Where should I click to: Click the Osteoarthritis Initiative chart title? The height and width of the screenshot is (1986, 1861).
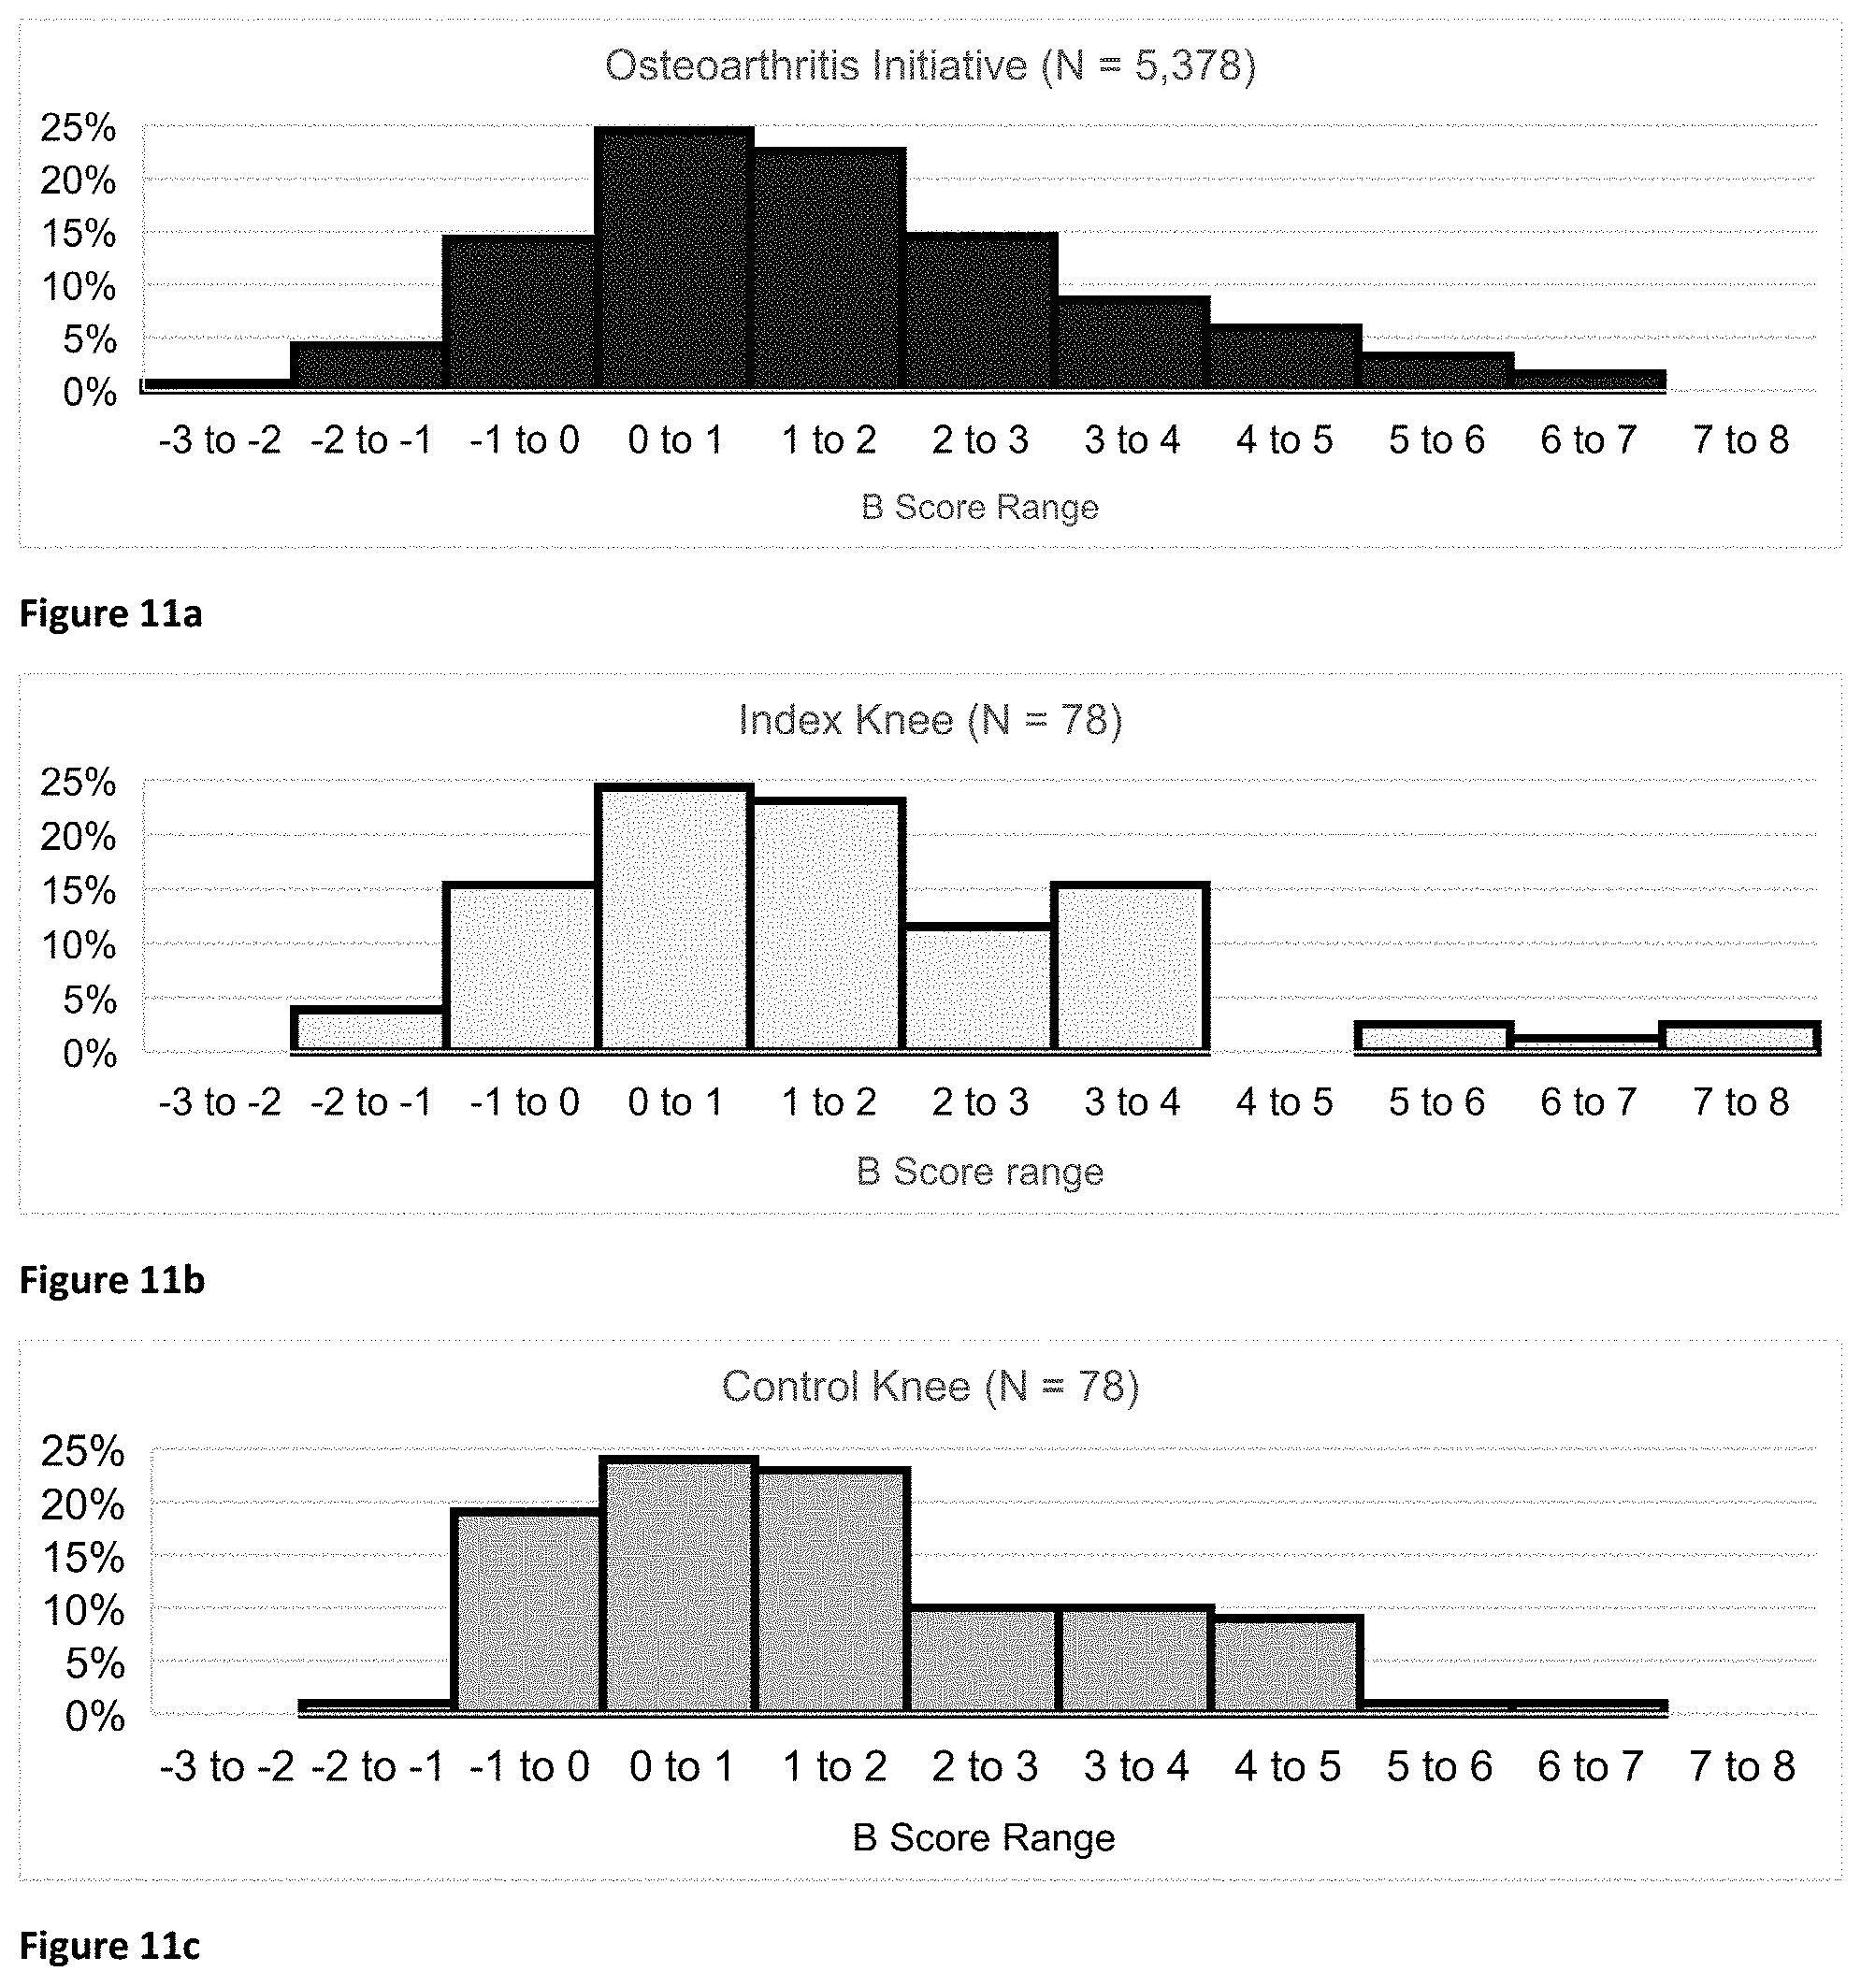click(930, 66)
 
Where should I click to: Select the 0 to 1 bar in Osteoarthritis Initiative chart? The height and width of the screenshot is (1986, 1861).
click(674, 258)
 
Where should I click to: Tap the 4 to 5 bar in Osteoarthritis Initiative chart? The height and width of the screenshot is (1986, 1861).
click(1285, 356)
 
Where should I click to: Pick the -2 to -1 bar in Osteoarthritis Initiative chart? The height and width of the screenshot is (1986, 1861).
click(368, 366)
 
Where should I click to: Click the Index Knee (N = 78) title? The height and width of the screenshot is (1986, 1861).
click(930, 719)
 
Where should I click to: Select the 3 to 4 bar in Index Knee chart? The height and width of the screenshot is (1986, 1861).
click(1131, 967)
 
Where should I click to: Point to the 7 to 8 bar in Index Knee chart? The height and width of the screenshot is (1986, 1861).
click(1739, 1037)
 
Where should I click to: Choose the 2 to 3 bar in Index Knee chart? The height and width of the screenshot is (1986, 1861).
click(979, 988)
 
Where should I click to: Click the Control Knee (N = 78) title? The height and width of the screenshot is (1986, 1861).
click(930, 1387)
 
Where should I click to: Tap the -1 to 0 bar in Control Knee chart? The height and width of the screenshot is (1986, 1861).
click(527, 1611)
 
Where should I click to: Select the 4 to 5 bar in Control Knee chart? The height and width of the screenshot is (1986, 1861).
click(1287, 1664)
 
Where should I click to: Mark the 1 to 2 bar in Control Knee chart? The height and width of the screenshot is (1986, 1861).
click(832, 1590)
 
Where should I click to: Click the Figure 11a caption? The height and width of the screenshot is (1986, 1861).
click(111, 613)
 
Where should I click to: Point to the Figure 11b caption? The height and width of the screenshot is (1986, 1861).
click(112, 1280)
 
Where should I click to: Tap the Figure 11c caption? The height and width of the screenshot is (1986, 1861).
click(109, 1946)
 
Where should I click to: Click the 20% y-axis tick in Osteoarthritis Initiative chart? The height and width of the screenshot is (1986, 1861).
click(78, 180)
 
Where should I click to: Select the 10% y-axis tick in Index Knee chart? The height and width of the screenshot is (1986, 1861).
click(78, 945)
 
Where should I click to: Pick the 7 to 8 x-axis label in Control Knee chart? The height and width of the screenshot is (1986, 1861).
click(1742, 1766)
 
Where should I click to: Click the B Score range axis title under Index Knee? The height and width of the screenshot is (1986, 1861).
click(980, 1171)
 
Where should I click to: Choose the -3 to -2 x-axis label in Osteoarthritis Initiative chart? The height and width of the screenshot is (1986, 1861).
click(220, 439)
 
